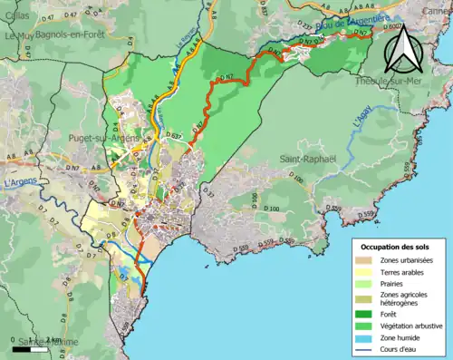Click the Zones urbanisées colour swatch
coord(366,260)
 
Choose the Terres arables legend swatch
coord(366,271)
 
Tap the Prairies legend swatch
coord(366,283)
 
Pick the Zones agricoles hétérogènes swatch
coord(366,297)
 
